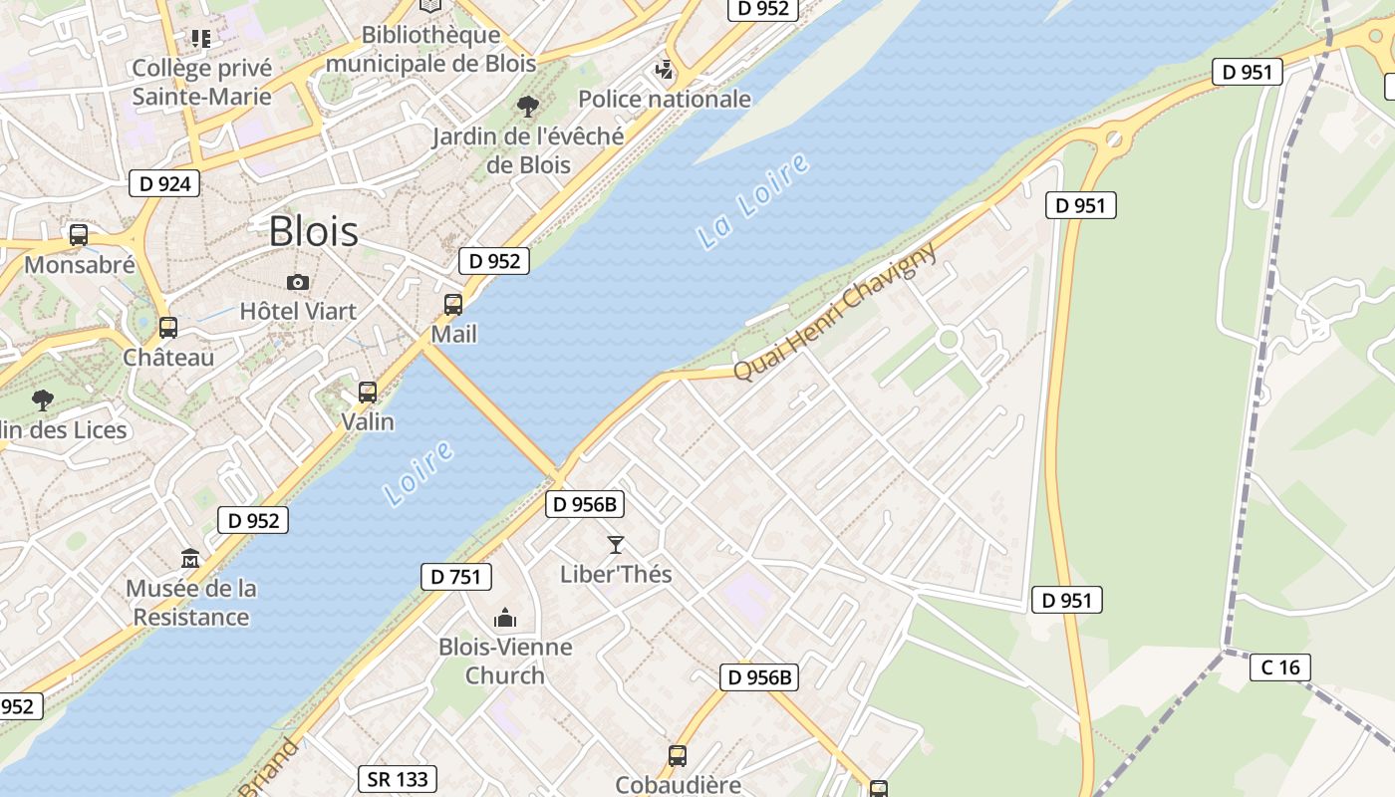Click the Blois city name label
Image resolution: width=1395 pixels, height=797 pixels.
click(314, 231)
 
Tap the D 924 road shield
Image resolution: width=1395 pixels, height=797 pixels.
click(164, 183)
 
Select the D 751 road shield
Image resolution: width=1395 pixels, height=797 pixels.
click(456, 577)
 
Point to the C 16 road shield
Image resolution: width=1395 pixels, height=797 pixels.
click(1279, 666)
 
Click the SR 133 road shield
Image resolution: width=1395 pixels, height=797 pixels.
click(399, 779)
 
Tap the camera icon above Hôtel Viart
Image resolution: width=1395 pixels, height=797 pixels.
click(297, 283)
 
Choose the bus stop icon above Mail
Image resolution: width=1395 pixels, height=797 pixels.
click(453, 305)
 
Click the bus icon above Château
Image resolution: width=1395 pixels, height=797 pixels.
click(168, 328)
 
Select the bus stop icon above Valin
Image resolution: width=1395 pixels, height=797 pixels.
click(368, 393)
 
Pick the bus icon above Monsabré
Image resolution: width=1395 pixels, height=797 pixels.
click(79, 236)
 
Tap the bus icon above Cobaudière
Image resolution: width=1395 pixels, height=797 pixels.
click(678, 756)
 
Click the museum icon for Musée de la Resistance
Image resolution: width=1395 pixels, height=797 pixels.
click(190, 559)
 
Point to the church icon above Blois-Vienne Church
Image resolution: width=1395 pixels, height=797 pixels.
click(505, 618)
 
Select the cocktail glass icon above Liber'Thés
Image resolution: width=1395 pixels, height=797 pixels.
click(616, 545)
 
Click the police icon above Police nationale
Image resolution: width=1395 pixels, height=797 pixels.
click(665, 70)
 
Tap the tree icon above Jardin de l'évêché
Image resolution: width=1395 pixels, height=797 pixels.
click(528, 106)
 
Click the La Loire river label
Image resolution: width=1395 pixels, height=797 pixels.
click(753, 201)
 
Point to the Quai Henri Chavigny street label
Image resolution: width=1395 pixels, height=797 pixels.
click(835, 311)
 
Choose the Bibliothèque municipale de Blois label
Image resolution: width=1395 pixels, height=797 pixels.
click(430, 49)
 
